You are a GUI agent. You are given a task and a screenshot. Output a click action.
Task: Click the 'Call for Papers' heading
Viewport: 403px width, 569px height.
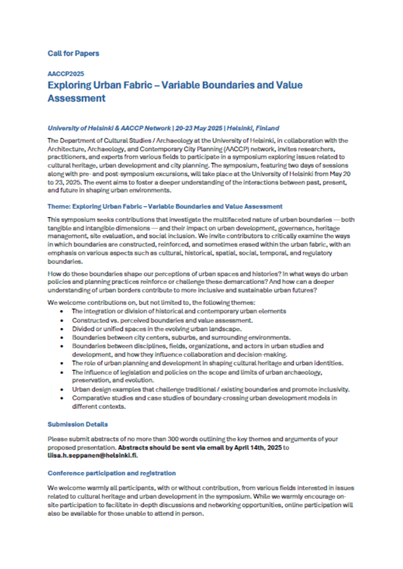[73, 53]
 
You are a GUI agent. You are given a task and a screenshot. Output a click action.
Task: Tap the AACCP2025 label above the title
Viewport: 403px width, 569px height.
[65, 73]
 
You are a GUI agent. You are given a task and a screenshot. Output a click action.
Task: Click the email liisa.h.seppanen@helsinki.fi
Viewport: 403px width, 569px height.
[93, 454]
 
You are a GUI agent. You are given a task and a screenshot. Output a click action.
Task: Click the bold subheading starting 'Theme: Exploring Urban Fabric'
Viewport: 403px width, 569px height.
[165, 206]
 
